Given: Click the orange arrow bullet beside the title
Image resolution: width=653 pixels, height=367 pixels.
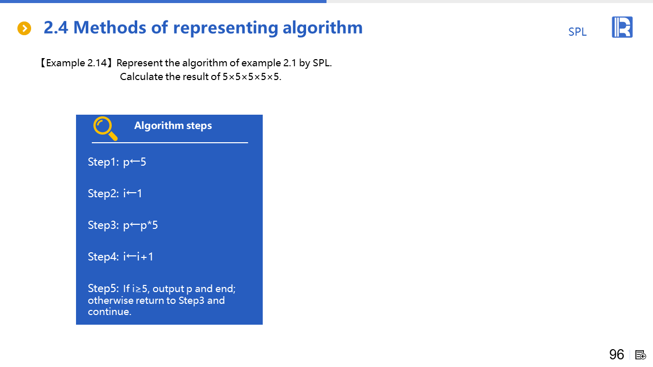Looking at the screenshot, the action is tap(24, 28).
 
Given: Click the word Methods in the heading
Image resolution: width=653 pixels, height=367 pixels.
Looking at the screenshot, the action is tap(110, 28).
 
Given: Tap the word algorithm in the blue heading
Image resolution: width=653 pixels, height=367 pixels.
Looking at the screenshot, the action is tap(322, 28).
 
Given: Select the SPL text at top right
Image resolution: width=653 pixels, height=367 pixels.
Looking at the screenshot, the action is tap(577, 32).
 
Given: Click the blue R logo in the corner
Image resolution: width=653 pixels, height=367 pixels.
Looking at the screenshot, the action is tap(622, 27).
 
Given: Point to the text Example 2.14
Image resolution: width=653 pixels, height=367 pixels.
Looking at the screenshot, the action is tap(77, 63).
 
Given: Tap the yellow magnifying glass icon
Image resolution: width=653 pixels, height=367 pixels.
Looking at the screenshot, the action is tap(106, 128).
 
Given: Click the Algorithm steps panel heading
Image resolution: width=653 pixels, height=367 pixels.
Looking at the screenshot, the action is tap(173, 125).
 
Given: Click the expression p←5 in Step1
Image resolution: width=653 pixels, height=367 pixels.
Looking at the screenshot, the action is tap(134, 162).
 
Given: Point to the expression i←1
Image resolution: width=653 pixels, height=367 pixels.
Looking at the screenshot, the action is tap(132, 193).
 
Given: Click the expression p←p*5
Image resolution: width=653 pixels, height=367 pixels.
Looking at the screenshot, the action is tap(140, 225).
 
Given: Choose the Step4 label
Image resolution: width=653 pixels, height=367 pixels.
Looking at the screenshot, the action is tap(104, 256).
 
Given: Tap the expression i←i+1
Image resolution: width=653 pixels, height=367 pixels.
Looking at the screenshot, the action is tap(138, 256).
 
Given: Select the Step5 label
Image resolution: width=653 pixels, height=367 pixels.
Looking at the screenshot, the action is tap(104, 289).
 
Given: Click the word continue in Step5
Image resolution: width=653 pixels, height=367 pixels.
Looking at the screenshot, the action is tap(110, 311).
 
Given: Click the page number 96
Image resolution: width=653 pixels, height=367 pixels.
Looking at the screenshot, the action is tap(617, 354).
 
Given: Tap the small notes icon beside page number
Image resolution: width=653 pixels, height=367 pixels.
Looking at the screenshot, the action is tap(640, 355).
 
